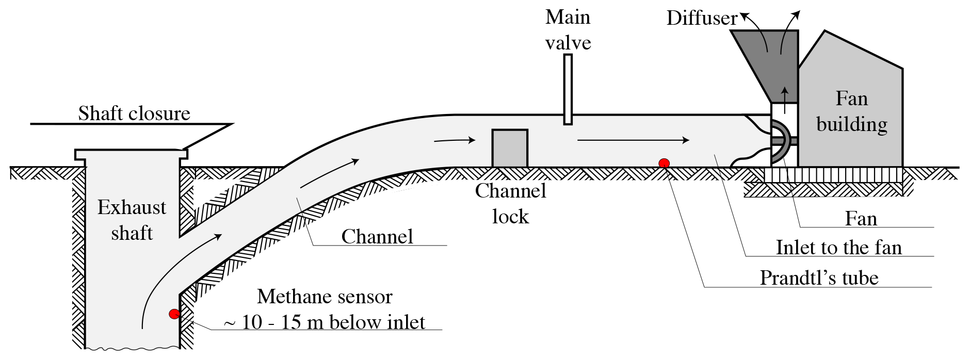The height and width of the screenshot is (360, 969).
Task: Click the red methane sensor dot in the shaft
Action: coord(174,313)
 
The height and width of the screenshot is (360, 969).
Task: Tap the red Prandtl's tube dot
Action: coord(664,163)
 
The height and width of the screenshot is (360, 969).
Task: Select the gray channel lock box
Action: coord(510,149)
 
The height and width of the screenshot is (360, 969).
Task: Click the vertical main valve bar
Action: coord(568,89)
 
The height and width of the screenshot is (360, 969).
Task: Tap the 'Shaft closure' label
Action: coord(134,113)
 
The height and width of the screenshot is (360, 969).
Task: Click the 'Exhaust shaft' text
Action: coord(132,220)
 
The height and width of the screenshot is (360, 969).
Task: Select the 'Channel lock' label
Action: coord(510,204)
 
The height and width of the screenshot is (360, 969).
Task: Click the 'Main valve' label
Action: coord(568,30)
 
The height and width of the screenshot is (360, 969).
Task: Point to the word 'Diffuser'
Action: coord(702,19)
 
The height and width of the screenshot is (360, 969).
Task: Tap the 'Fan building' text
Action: coord(852,111)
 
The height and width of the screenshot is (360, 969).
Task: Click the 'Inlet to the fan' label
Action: coord(838,248)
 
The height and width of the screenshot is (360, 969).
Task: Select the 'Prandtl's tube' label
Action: coord(819,278)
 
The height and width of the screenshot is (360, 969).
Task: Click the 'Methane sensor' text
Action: coord(325,297)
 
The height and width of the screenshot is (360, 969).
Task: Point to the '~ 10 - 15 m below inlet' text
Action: coord(325,322)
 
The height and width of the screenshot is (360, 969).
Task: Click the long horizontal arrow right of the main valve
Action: coord(633,140)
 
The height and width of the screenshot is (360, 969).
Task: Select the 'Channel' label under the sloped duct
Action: coord(377,237)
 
